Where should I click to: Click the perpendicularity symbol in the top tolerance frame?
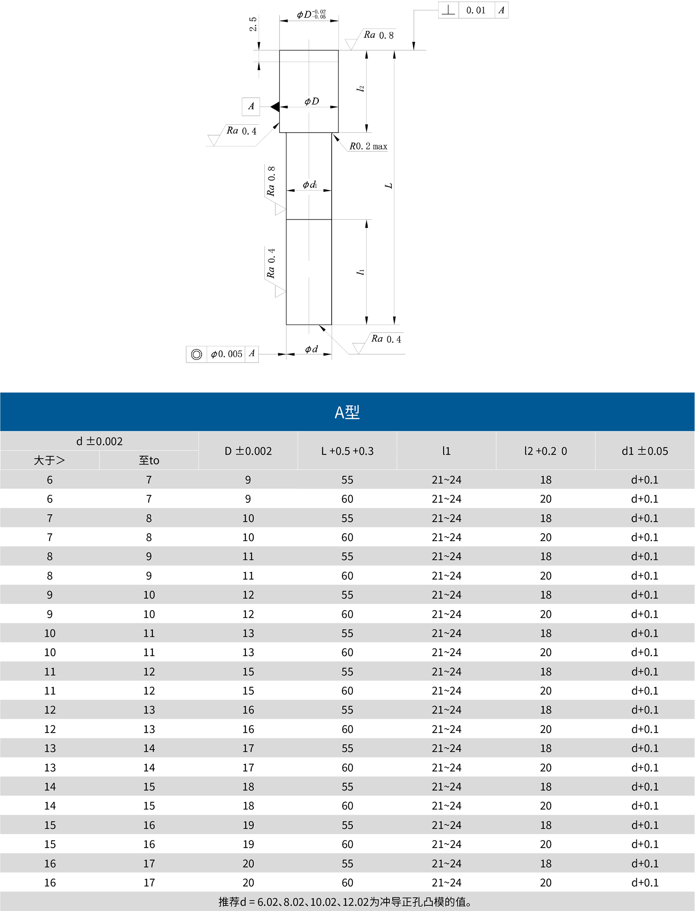coord(448,10)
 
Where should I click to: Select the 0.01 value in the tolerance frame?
coord(476,10)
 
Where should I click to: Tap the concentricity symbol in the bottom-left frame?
coord(197,354)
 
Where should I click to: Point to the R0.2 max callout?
coord(368,146)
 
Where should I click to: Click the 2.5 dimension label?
coord(253,24)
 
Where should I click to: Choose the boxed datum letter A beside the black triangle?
coord(251,106)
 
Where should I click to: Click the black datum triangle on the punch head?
coord(275,107)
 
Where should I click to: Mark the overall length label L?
coord(388,186)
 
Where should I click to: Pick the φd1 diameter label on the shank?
coord(310,184)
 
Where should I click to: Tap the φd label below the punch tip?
coord(311,349)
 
